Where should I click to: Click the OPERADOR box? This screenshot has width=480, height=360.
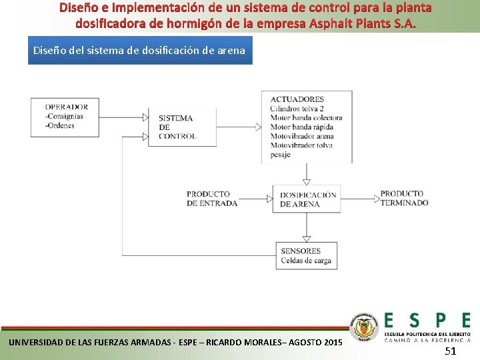[x=64, y=117]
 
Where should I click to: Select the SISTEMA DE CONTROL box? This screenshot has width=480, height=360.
[x=182, y=127]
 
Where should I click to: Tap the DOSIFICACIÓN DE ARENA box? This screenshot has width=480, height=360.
[x=307, y=199]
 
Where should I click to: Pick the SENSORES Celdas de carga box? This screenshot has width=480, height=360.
[x=306, y=255]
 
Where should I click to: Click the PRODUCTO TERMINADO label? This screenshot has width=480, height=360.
[x=404, y=198]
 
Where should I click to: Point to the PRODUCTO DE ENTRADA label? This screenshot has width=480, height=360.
[x=211, y=199]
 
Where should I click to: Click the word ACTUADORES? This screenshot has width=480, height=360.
[x=297, y=99]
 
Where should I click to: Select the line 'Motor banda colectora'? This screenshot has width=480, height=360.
[x=306, y=118]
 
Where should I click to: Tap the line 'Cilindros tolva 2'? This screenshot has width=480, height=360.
[x=297, y=109]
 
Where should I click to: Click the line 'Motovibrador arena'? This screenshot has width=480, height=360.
[x=301, y=137]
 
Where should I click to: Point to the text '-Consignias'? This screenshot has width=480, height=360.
[x=64, y=116]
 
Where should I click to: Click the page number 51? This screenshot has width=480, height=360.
[x=450, y=351]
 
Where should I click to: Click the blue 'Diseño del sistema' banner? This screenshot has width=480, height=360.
[x=140, y=50]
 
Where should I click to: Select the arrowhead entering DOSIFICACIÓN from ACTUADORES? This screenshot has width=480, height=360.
[x=306, y=181]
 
